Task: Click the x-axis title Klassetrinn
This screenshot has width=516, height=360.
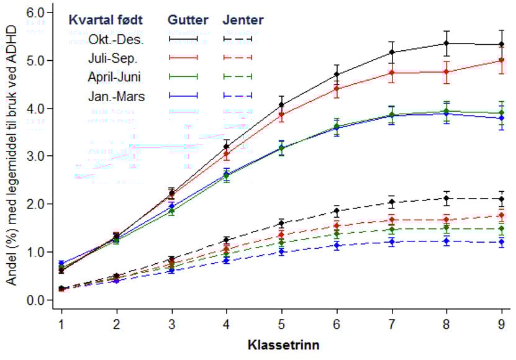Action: pos(281,344)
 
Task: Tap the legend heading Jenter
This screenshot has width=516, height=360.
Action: pos(243,20)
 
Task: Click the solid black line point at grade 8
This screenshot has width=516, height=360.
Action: pos(446,43)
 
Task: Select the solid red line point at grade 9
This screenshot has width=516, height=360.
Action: pos(502,60)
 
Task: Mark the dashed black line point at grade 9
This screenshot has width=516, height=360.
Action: pos(502,199)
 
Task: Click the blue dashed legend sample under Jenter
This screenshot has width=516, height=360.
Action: pos(237,96)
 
